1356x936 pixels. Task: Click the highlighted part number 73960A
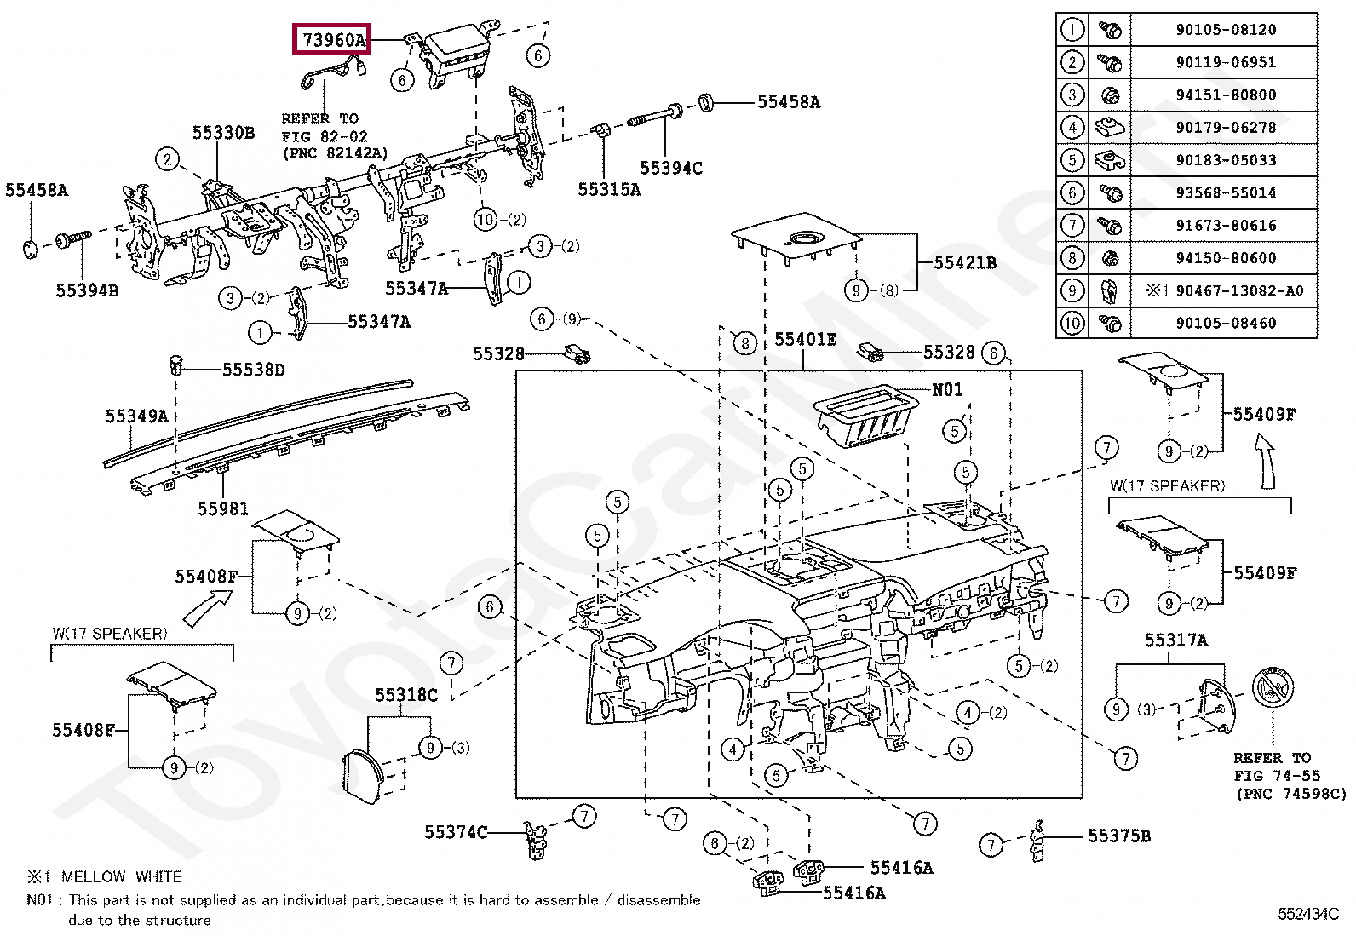click(x=334, y=40)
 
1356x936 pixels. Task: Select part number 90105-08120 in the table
click(x=1226, y=30)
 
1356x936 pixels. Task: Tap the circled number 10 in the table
click(x=1072, y=323)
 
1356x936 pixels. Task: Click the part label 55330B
click(x=223, y=133)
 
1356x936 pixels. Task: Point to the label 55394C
click(x=671, y=168)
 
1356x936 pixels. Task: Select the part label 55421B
click(x=965, y=263)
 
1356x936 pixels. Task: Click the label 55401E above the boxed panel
click(x=806, y=340)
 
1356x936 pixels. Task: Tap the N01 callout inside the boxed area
click(x=947, y=389)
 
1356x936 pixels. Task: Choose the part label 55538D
click(x=254, y=370)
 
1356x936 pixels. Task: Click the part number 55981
click(x=223, y=508)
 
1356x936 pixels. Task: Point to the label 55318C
click(x=406, y=694)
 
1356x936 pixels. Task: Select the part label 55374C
click(x=456, y=832)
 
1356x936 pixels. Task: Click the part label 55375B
click(x=1119, y=836)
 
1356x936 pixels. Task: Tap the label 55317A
click(x=1176, y=640)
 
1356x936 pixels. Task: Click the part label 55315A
click(x=609, y=190)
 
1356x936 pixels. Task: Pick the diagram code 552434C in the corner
click(x=1308, y=914)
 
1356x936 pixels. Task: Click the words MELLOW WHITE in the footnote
click(x=121, y=876)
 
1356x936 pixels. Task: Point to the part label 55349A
click(x=137, y=416)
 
